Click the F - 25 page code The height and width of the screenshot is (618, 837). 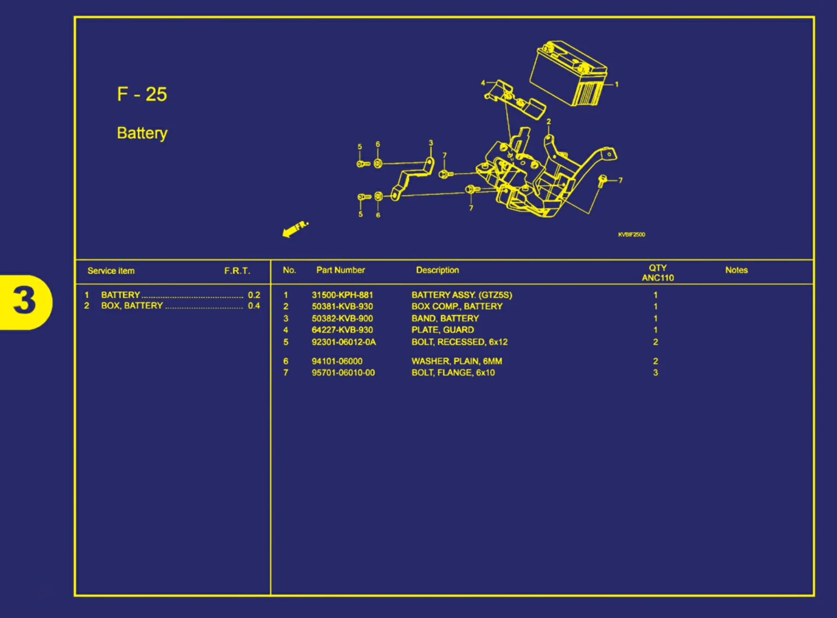[x=142, y=94]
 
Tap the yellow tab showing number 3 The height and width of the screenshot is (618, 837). [x=25, y=302]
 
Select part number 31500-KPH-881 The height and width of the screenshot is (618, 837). [x=342, y=295]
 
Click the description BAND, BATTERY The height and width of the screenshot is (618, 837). [x=445, y=319]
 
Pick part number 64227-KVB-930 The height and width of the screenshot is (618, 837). [x=342, y=330]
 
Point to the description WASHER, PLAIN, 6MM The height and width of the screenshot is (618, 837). [x=457, y=361]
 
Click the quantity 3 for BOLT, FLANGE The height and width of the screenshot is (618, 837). [x=655, y=373]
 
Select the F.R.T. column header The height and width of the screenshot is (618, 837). [x=237, y=271]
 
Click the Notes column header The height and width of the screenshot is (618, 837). [x=736, y=270]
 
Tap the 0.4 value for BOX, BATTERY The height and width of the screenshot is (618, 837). [x=254, y=306]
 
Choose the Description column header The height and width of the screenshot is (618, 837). [x=437, y=270]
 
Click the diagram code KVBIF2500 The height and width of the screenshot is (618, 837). [x=631, y=235]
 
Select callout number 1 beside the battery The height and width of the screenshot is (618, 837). [x=617, y=84]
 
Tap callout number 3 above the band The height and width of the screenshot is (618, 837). [x=431, y=143]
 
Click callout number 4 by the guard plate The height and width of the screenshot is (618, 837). [x=483, y=83]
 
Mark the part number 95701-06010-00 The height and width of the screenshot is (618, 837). [x=343, y=373]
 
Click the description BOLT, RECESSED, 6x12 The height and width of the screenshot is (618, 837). [x=460, y=342]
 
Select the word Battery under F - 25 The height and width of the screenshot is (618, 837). [x=142, y=133]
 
